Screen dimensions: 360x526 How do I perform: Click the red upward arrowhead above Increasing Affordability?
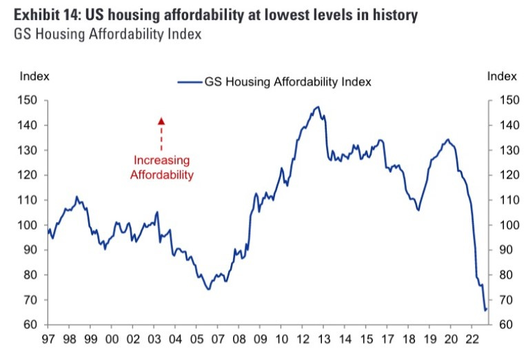click(161, 121)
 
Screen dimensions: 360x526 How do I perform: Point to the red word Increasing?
click(161, 161)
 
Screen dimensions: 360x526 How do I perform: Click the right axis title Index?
click(502, 76)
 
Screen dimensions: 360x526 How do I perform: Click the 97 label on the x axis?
click(49, 339)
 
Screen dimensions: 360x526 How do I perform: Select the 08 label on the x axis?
click(239, 339)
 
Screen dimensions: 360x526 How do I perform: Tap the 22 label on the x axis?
click(472, 339)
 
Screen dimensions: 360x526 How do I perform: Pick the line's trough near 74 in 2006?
click(208, 289)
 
